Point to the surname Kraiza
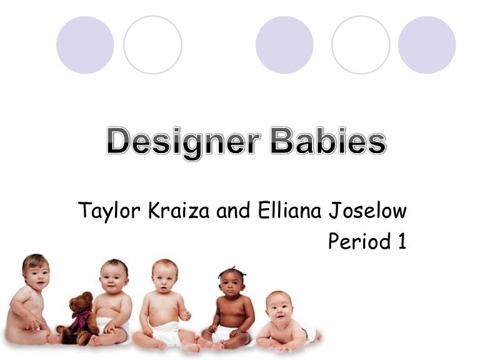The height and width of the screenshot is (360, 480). tap(180, 211)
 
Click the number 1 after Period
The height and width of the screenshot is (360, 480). tap(402, 241)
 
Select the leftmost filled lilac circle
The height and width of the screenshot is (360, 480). tap(85, 45)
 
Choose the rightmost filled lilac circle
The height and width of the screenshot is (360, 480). tap(427, 45)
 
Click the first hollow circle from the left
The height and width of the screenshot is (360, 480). tap(152, 45)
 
